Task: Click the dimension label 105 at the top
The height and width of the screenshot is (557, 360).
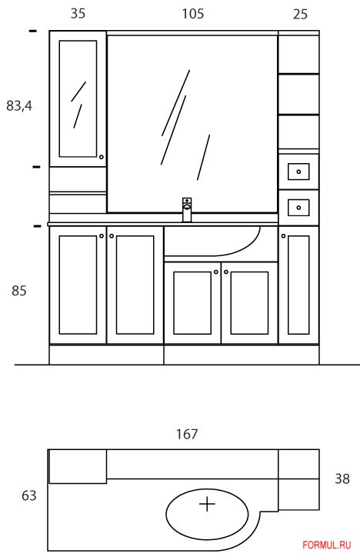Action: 193,14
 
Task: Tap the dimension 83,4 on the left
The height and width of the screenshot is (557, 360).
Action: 19,105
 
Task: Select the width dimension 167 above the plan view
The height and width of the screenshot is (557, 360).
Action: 187,434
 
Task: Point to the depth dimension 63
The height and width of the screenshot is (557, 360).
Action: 28,495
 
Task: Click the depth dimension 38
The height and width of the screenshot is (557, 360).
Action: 342,479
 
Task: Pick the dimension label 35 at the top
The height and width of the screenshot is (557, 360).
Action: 78,14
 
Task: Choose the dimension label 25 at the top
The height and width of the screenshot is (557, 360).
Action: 300,14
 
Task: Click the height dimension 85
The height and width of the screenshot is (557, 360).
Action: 18,291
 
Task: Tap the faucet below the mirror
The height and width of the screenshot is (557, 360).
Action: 187,210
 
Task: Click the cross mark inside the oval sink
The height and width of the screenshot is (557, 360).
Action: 208,504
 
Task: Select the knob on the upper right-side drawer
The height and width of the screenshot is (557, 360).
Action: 298,172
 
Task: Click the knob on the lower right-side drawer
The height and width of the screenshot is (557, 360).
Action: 298,208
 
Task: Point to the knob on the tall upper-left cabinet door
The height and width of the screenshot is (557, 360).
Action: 102,157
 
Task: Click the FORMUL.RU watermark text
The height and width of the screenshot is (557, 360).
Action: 327,545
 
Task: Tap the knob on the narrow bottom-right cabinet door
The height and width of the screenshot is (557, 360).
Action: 283,236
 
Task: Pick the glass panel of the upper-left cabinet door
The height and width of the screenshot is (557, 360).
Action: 78,98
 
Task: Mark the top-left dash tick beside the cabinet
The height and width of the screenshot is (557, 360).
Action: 32,32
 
